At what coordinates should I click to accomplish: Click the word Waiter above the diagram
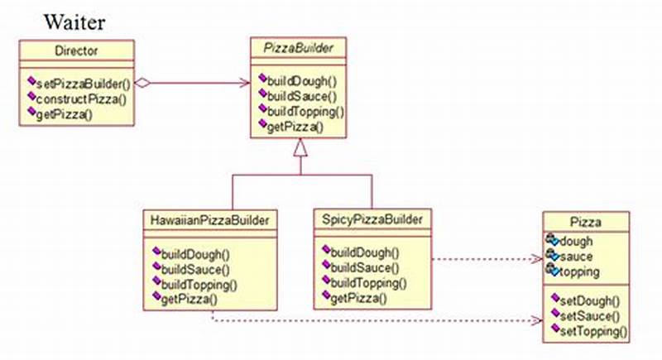pyautogui.click(x=75, y=22)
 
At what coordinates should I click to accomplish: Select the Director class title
pyautogui.click(x=75, y=51)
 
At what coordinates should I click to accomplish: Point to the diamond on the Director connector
pyautogui.click(x=144, y=83)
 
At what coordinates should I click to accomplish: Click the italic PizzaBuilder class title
pyautogui.click(x=300, y=48)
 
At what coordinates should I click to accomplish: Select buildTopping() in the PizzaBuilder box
pyautogui.click(x=305, y=111)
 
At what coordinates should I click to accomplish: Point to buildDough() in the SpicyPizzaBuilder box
pyautogui.click(x=365, y=252)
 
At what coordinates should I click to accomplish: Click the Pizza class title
pyautogui.click(x=586, y=222)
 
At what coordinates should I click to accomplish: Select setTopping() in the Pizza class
pyautogui.click(x=594, y=332)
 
